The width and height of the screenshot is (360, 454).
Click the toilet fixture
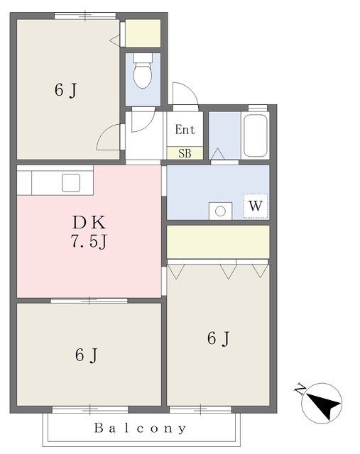(142, 71)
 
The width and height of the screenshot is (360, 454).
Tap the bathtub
(255, 135)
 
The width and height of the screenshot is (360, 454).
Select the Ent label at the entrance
(185, 129)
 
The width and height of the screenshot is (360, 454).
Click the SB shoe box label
(185, 153)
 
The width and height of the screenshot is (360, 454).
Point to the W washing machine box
(256, 206)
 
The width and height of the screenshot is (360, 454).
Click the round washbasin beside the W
(220, 211)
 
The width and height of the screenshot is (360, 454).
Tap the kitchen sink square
(71, 183)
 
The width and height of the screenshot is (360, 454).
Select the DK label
(89, 222)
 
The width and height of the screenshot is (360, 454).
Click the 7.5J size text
(89, 241)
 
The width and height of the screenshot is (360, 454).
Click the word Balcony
(140, 428)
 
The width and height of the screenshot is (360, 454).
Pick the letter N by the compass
(300, 389)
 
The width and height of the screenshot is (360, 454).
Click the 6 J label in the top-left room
(66, 90)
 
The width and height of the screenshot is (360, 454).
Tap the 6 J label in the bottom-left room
(87, 355)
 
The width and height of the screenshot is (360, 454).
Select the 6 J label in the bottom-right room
(219, 338)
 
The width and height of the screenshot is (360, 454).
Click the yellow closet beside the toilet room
(143, 33)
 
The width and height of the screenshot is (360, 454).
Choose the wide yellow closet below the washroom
(218, 242)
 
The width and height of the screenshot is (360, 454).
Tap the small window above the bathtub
(257, 108)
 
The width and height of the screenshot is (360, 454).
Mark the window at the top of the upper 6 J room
(85, 16)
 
